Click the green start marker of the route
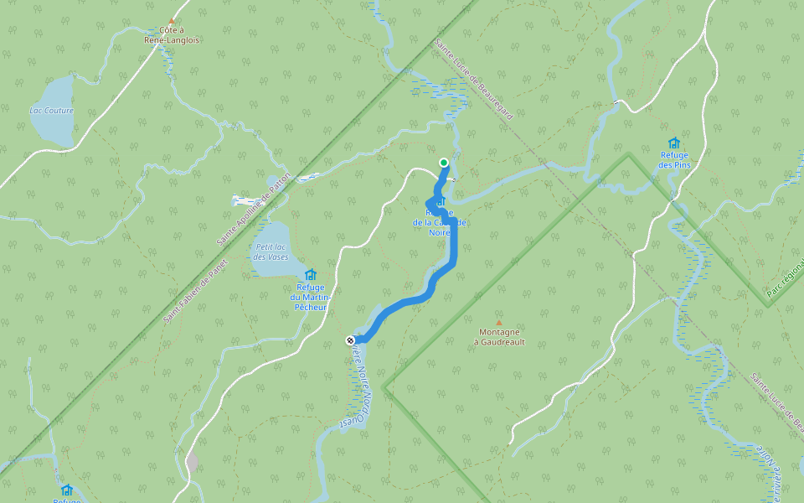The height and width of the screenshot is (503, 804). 444,163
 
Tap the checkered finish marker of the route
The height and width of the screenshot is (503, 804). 350,340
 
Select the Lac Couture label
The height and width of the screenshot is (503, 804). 51,111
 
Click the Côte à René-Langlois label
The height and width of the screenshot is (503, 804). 172,34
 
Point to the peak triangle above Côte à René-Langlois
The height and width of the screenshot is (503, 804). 172,21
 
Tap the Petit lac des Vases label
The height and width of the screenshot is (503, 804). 271,251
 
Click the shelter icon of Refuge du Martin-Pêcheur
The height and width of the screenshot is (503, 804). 311,274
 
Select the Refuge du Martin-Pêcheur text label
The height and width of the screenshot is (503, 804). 310,298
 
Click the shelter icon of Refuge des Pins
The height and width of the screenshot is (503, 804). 674,143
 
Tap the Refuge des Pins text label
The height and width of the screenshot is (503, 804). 674,159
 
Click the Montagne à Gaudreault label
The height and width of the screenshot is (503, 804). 499,336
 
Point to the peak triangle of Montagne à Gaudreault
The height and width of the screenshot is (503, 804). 499,322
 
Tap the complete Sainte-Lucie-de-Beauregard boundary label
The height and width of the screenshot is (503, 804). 474,79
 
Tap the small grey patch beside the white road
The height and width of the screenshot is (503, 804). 193,462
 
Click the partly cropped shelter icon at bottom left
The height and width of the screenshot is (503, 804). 67,490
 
